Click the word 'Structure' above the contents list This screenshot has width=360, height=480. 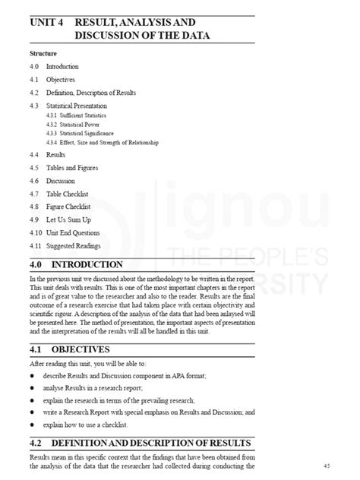click(x=43, y=55)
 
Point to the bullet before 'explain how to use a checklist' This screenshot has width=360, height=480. click(x=32, y=424)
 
